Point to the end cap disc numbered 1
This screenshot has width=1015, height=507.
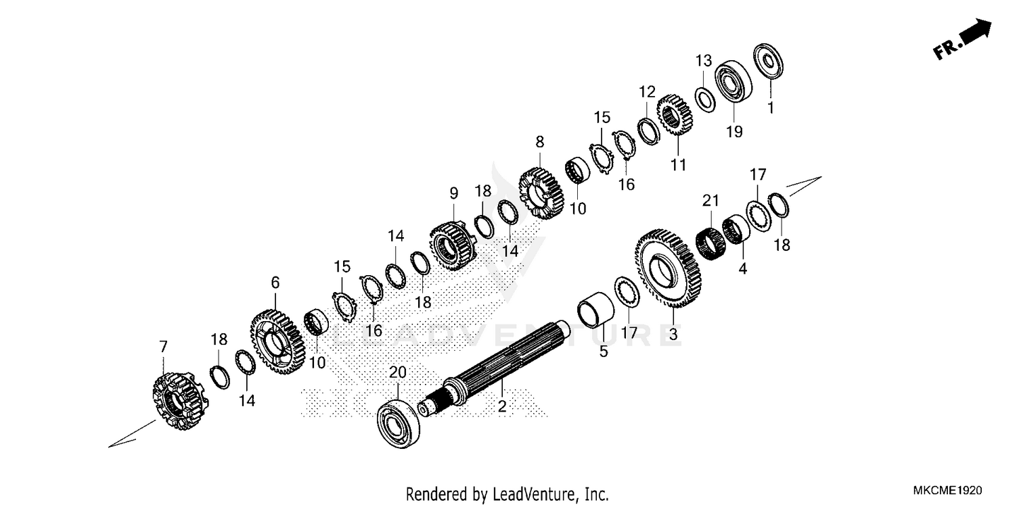click(770, 62)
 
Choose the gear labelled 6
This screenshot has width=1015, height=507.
click(277, 342)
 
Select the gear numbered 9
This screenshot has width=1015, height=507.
click(451, 246)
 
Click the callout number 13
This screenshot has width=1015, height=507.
click(704, 60)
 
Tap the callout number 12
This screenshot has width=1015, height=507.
click(647, 91)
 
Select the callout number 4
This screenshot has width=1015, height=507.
click(743, 268)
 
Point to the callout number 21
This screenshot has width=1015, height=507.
click(710, 201)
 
